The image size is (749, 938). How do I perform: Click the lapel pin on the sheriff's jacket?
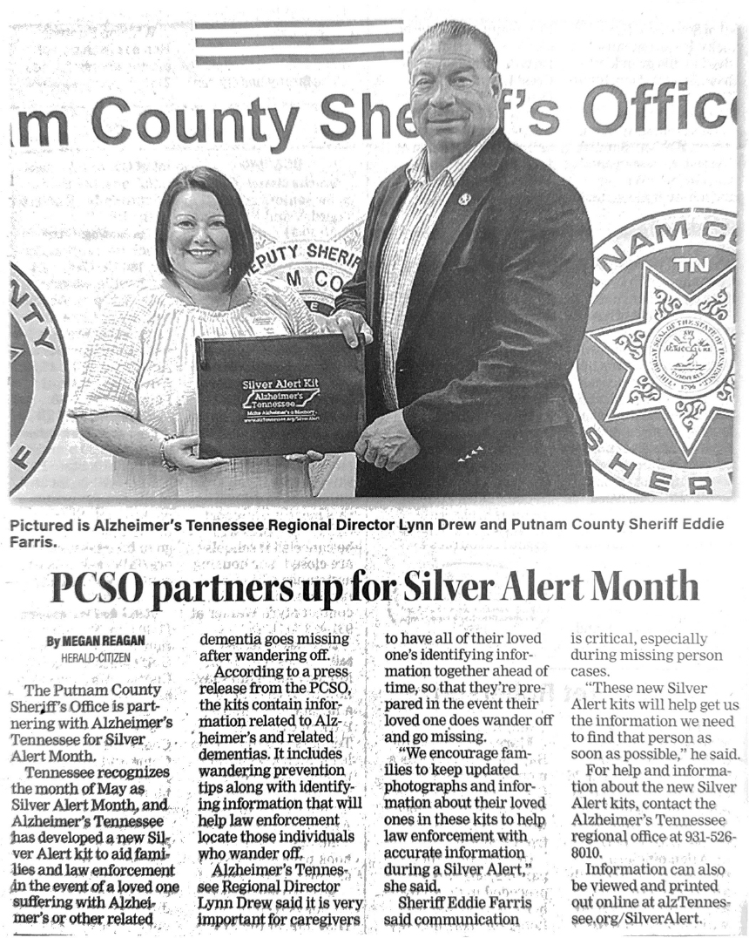click(x=464, y=200)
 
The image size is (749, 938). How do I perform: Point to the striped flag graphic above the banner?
click(x=299, y=42)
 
